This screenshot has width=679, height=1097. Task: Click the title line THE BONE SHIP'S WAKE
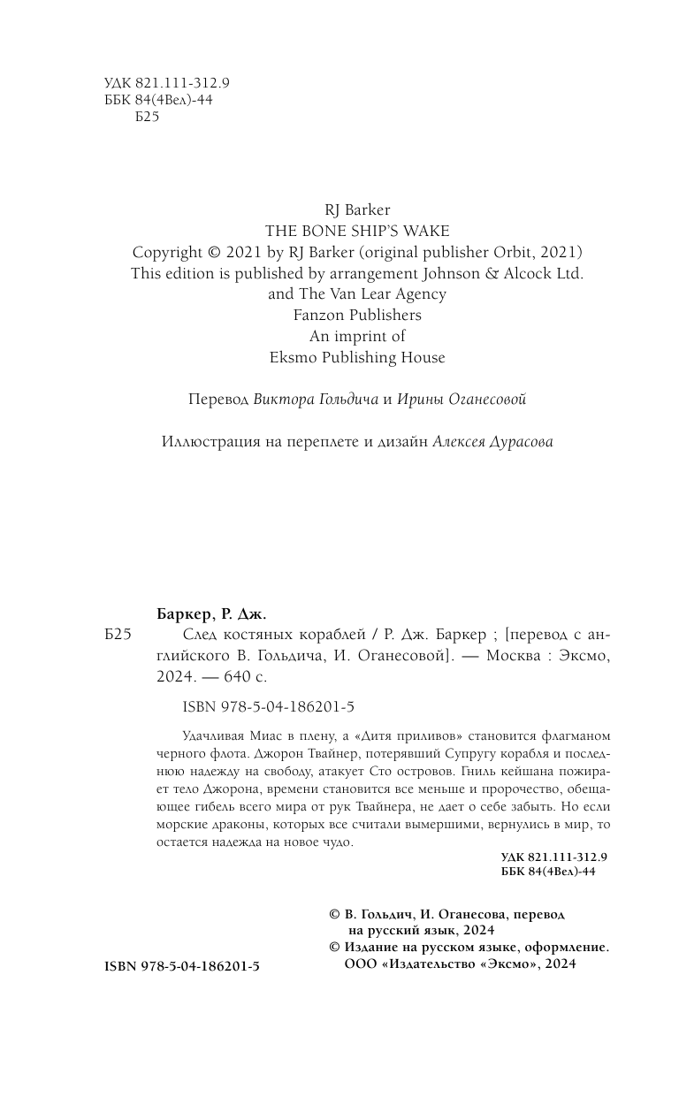pyautogui.click(x=356, y=231)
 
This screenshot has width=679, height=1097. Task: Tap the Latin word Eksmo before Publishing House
pyautogui.click(x=291, y=358)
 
